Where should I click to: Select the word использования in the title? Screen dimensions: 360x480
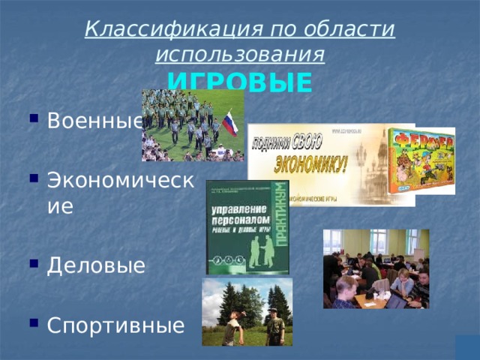point(240,54)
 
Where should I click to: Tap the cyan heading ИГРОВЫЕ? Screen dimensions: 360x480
point(239,81)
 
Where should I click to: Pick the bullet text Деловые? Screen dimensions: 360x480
point(96,265)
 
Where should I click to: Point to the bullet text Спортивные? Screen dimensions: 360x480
point(115,325)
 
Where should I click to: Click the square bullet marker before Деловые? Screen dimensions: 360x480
point(34,265)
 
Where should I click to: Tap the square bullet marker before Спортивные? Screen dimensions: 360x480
point(34,325)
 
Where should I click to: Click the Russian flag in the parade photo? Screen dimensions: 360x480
point(230,124)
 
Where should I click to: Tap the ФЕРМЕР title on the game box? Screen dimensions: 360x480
point(421,142)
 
